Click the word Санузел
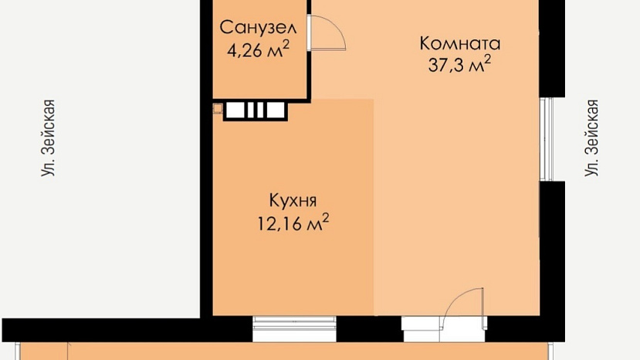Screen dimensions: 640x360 click(x=258, y=28)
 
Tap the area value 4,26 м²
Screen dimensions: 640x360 click(x=258, y=50)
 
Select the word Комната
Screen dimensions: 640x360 click(x=460, y=43)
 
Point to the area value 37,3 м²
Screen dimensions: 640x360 click(x=459, y=65)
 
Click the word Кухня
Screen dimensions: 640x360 click(x=293, y=201)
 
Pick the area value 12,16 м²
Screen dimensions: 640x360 click(x=293, y=222)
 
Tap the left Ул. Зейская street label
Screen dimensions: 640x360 click(x=48, y=138)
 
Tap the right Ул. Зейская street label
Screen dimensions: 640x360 click(x=591, y=138)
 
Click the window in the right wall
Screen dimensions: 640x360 click(x=546, y=139)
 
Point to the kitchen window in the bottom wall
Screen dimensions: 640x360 click(x=294, y=328)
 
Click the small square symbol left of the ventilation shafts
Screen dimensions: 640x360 click(x=218, y=109)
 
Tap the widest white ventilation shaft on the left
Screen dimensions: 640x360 click(x=235, y=110)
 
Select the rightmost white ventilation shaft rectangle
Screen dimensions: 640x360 click(x=276, y=110)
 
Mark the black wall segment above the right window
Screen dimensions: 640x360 click(x=552, y=49)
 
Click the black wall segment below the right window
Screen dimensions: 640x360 click(x=552, y=249)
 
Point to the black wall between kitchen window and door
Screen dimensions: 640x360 click(x=369, y=328)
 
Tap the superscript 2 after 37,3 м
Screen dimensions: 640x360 click(x=487, y=59)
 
